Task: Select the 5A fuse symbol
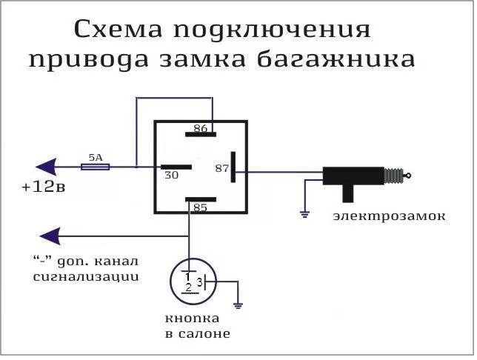coord(95,167)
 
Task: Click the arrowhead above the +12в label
coord(48,167)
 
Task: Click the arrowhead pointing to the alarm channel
coord(50,236)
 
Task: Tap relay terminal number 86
coord(200,129)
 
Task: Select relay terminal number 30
coord(170,176)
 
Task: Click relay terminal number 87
coord(221,168)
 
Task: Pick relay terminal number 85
coord(200,208)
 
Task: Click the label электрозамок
coord(389,216)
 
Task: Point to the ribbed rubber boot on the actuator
coord(393,176)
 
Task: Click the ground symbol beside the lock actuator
coord(304,214)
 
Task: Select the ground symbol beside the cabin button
coord(237,304)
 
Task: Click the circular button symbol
coord(192,282)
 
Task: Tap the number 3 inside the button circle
coord(199,283)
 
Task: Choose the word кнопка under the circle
coord(192,319)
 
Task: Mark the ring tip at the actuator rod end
coord(408,176)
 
